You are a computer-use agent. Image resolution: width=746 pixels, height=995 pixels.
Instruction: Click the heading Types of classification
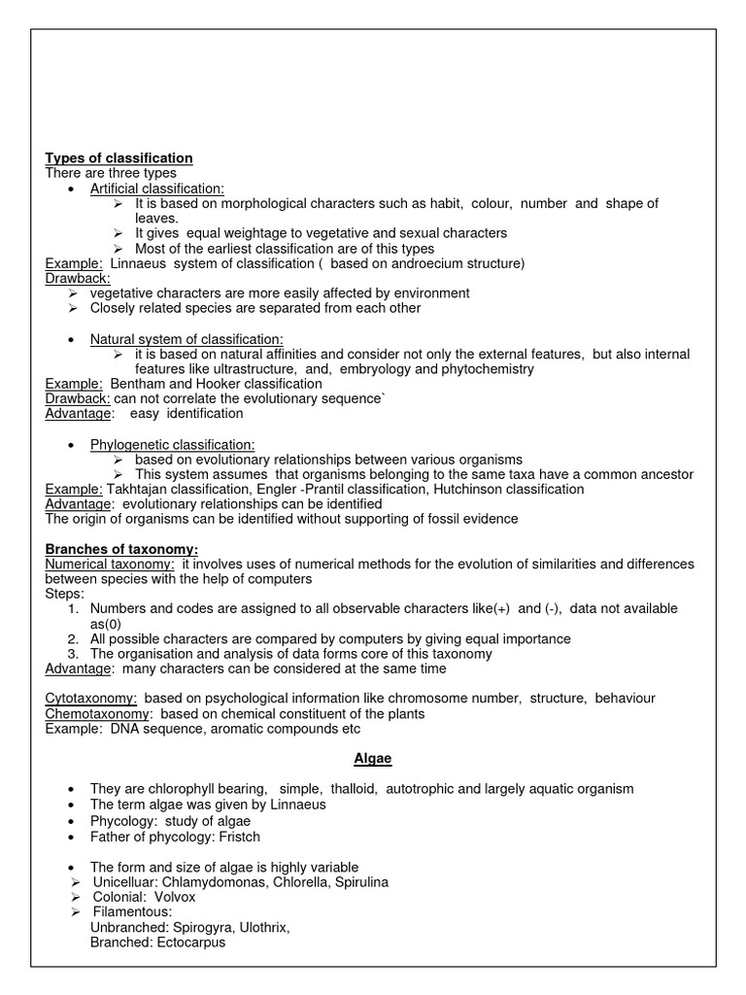click(119, 158)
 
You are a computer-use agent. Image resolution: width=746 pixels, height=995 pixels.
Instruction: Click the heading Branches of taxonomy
click(121, 550)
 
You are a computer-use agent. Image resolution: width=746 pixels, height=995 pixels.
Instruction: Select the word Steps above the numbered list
click(65, 594)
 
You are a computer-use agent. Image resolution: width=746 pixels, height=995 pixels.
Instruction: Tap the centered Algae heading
click(372, 759)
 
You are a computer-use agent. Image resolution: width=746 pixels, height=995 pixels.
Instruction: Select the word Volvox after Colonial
click(172, 897)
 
